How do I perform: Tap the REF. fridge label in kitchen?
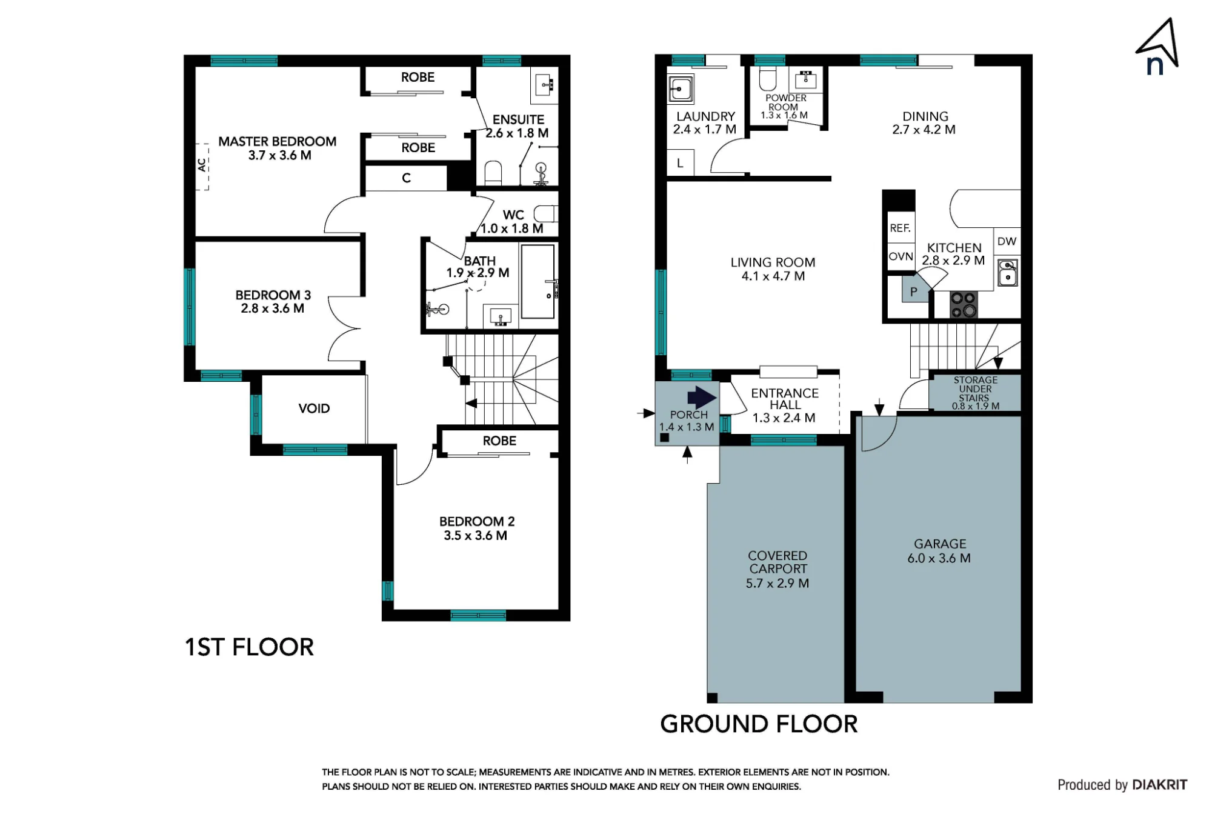point(900,228)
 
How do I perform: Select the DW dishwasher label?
point(1007,241)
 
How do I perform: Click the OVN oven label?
point(901,256)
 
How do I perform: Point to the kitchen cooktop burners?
point(963,305)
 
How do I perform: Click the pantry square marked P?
point(914,291)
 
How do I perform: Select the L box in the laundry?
point(680,163)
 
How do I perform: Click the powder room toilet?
point(768,78)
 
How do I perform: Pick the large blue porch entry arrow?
point(702,398)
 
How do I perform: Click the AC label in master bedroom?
point(202,165)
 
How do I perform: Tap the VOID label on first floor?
point(314,408)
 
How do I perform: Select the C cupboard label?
point(406,178)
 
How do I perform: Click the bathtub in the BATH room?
point(538,281)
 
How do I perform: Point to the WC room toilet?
point(545,214)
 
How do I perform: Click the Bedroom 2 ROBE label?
point(499,441)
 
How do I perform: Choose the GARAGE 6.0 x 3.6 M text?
point(939,552)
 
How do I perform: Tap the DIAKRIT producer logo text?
point(1159,785)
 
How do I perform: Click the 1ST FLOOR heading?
point(249,647)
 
